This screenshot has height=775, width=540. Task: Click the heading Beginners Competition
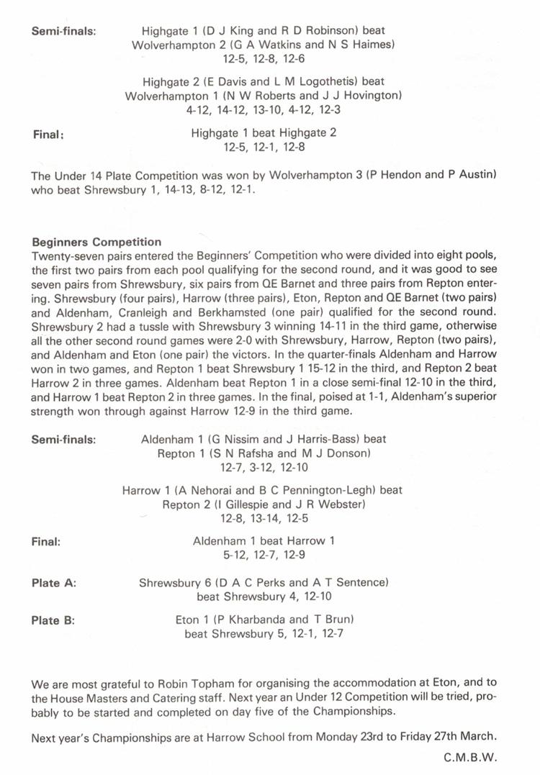[x=96, y=242]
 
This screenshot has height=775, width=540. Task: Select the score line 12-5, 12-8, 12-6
[x=264, y=58]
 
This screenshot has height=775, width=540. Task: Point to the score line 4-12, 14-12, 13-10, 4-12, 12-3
[x=264, y=109]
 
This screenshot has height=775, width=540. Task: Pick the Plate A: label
[x=54, y=583]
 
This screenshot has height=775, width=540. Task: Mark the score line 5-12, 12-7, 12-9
[x=264, y=555]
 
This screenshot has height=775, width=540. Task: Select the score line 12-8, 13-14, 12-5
[x=264, y=518]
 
